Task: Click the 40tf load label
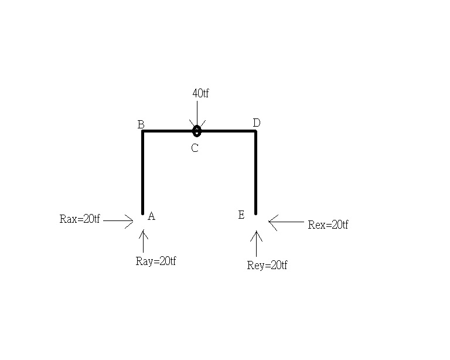(200, 93)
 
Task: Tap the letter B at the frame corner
(141, 125)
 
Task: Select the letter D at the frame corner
(257, 123)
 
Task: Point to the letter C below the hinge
(195, 148)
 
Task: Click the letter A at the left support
(152, 216)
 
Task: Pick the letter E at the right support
(241, 215)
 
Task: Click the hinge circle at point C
(197, 131)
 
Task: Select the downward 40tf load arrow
(197, 114)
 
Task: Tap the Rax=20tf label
(80, 219)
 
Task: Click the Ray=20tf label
(156, 261)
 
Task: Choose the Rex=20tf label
(328, 225)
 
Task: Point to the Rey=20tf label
(267, 265)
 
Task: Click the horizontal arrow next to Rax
(118, 221)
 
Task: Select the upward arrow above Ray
(143, 240)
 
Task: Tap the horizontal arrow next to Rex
(286, 222)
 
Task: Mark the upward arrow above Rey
(256, 243)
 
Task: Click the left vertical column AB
(142, 172)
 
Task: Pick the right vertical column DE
(255, 172)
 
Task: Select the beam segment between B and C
(168, 131)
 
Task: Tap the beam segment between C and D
(229, 131)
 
